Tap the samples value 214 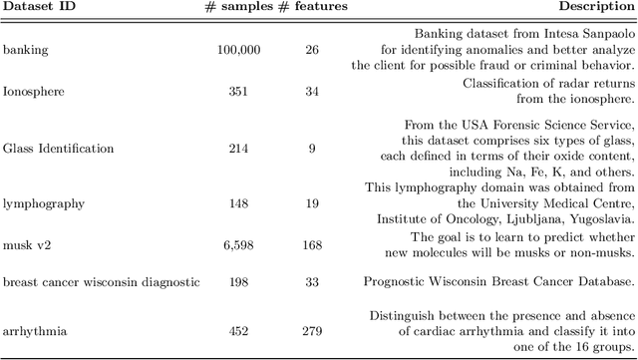(240, 149)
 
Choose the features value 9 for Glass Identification (312, 149)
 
